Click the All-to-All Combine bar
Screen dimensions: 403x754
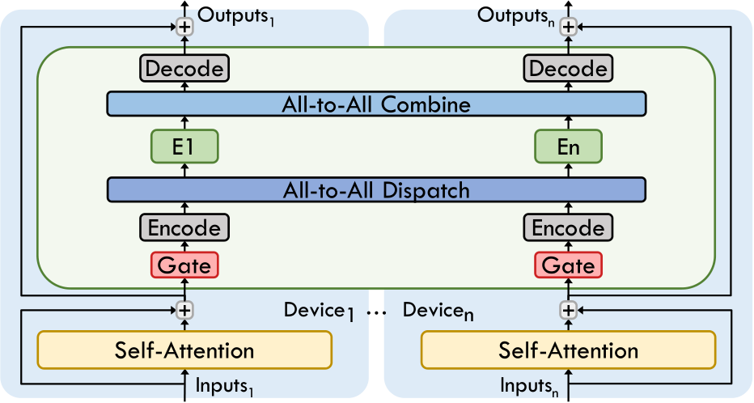tap(376, 104)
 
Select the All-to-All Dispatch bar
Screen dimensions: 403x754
tap(376, 190)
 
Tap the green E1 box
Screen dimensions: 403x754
tap(185, 147)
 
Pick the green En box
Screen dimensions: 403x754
tap(568, 147)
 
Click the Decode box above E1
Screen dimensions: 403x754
tap(185, 68)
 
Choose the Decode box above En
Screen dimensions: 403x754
tap(568, 68)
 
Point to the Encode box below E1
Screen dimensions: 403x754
tap(185, 228)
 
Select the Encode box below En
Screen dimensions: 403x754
tap(568, 228)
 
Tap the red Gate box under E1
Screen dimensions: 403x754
tap(185, 265)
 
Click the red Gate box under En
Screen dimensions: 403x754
tap(568, 265)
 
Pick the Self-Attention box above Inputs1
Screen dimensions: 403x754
tap(185, 350)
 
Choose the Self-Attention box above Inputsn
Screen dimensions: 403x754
tap(568, 350)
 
